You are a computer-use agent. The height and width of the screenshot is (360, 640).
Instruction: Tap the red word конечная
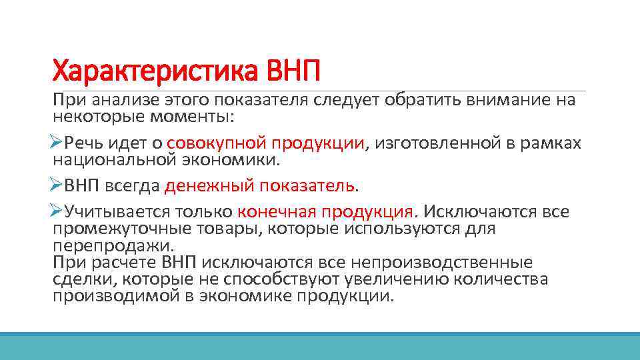click(x=276, y=212)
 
